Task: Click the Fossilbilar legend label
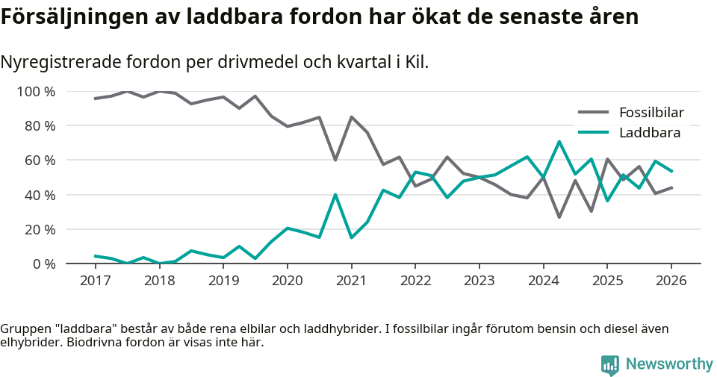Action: (651, 113)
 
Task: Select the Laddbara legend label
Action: (649, 133)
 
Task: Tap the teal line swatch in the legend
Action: (595, 133)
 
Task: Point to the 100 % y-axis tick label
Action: (37, 92)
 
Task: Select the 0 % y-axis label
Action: (44, 264)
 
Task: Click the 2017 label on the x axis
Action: (95, 281)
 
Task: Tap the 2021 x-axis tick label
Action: (351, 281)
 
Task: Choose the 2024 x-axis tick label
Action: (543, 281)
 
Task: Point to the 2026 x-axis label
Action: (671, 281)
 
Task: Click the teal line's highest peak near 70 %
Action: (559, 141)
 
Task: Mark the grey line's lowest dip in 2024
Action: (559, 217)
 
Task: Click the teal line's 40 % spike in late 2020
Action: (335, 195)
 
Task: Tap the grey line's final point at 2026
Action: (671, 187)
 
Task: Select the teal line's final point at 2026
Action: (671, 171)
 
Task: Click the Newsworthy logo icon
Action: (610, 364)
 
